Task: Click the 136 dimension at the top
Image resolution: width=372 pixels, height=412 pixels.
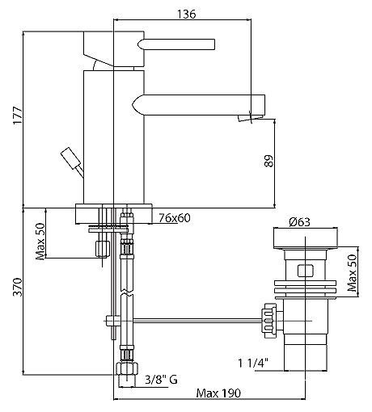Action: pos(187,14)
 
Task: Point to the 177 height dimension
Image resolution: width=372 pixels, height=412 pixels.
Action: pos(18,116)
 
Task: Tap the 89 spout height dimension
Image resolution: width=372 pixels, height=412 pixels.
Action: pos(268,161)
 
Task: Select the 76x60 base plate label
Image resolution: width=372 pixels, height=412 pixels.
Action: pos(175,217)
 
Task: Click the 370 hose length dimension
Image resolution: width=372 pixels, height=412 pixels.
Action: pos(18,287)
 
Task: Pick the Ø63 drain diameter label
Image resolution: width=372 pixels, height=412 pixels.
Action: pos(299,222)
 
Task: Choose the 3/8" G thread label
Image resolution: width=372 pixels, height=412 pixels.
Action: pos(161,380)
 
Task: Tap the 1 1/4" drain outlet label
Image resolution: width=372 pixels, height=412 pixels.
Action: pos(253,364)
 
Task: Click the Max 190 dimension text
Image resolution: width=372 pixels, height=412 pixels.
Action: pos(218,393)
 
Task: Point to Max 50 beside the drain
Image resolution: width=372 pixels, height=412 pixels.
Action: pos(353,273)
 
